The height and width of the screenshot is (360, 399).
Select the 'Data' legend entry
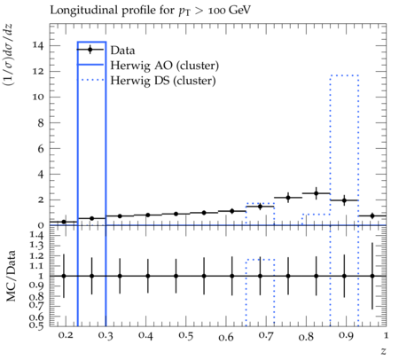tap(122, 51)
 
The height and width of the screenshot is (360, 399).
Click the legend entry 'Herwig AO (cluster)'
tap(165, 66)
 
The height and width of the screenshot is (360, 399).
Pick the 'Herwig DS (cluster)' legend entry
tap(163, 81)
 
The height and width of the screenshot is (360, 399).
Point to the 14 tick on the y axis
tap(39, 45)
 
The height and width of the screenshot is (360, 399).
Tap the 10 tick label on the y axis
tap(39, 97)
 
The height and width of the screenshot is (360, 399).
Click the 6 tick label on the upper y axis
tap(41, 148)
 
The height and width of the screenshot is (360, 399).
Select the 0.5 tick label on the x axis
tap(185, 336)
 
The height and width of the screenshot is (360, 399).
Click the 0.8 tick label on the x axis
tap(306, 336)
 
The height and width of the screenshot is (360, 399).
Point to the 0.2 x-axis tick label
tap(66, 335)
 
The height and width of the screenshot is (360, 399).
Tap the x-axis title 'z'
tap(383, 351)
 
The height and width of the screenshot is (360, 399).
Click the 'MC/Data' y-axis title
tap(11, 276)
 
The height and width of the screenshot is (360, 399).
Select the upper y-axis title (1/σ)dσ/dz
tap(8, 55)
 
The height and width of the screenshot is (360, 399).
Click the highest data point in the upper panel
tap(316, 193)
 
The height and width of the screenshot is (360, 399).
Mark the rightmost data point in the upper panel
tap(372, 215)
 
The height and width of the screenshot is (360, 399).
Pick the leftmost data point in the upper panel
tap(64, 222)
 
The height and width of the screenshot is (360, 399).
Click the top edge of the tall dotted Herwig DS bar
tap(344, 75)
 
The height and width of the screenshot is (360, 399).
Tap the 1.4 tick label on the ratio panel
tap(37, 236)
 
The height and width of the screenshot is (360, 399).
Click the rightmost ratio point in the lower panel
tap(372, 276)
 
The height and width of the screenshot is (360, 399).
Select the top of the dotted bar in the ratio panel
tap(260, 260)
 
